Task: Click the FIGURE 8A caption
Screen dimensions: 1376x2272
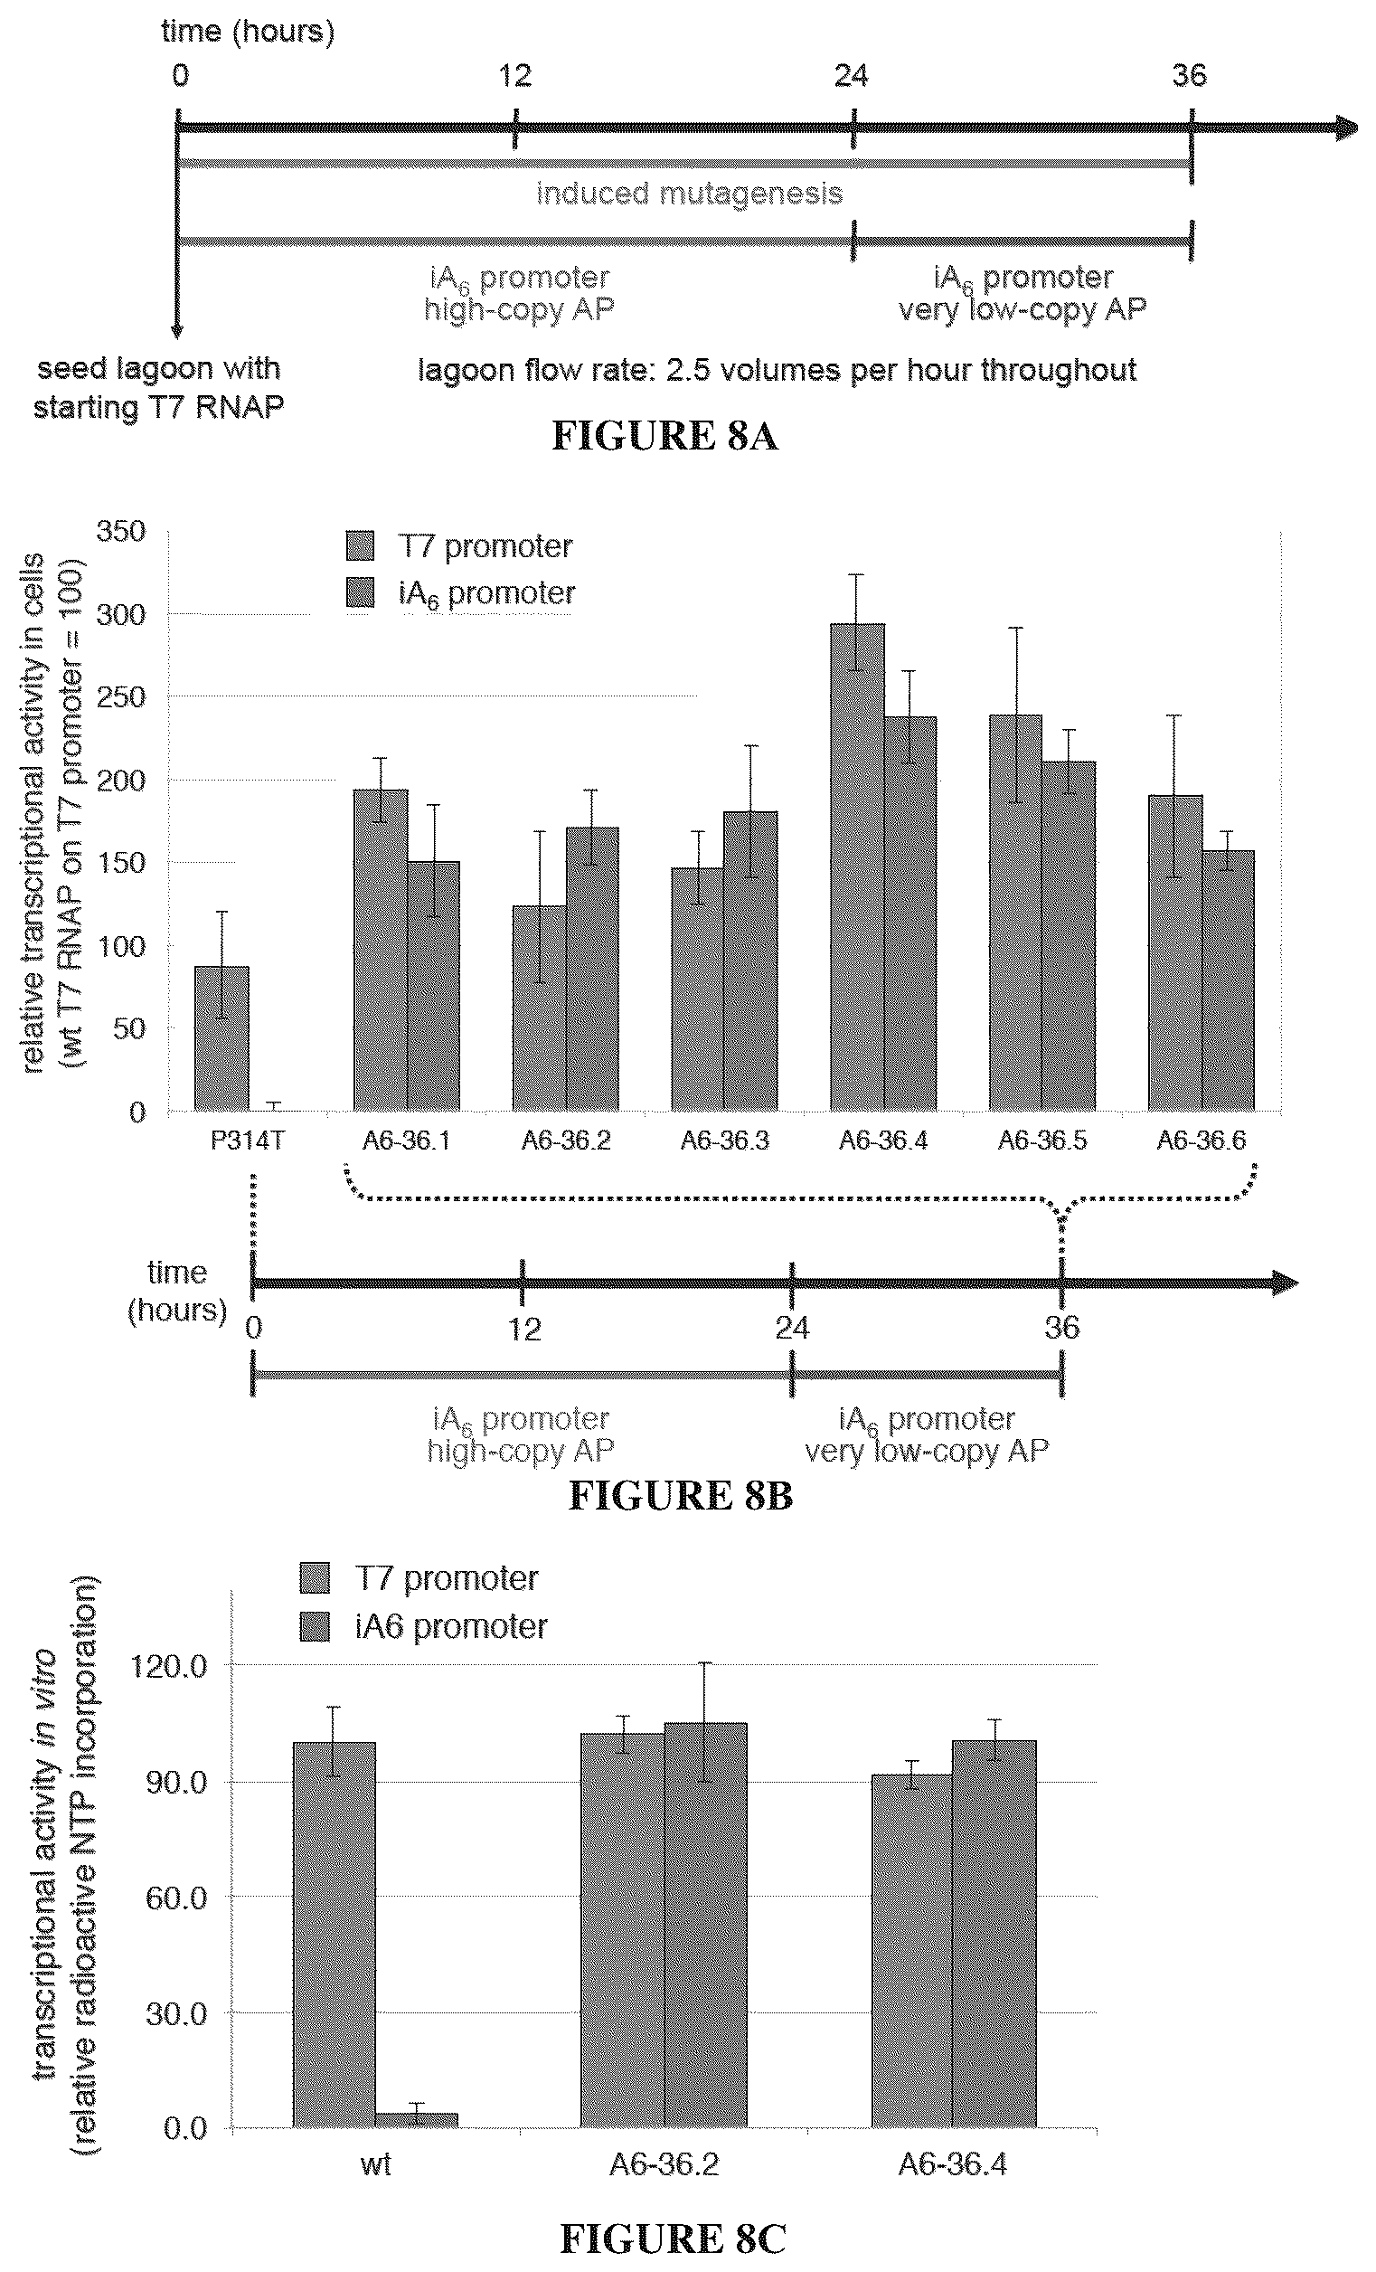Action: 664,435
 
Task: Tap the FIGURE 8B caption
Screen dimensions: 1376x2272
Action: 680,1495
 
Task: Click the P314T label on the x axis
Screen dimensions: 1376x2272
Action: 248,1141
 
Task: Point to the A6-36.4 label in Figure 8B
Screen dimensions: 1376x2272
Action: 883,1141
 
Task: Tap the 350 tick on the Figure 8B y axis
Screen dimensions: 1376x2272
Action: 121,531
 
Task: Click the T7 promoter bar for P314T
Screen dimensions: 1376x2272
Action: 221,1038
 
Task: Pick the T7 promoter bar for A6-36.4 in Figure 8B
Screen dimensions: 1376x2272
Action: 857,866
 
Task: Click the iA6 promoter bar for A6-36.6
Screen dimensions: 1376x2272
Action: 1229,980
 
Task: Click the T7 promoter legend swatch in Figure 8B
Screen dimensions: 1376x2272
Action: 361,546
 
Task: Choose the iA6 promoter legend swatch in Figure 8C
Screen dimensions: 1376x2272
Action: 316,1626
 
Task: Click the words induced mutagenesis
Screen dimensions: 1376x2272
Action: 690,194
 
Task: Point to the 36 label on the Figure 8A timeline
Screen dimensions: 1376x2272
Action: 1190,75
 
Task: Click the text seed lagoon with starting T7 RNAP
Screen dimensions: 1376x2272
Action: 158,387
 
